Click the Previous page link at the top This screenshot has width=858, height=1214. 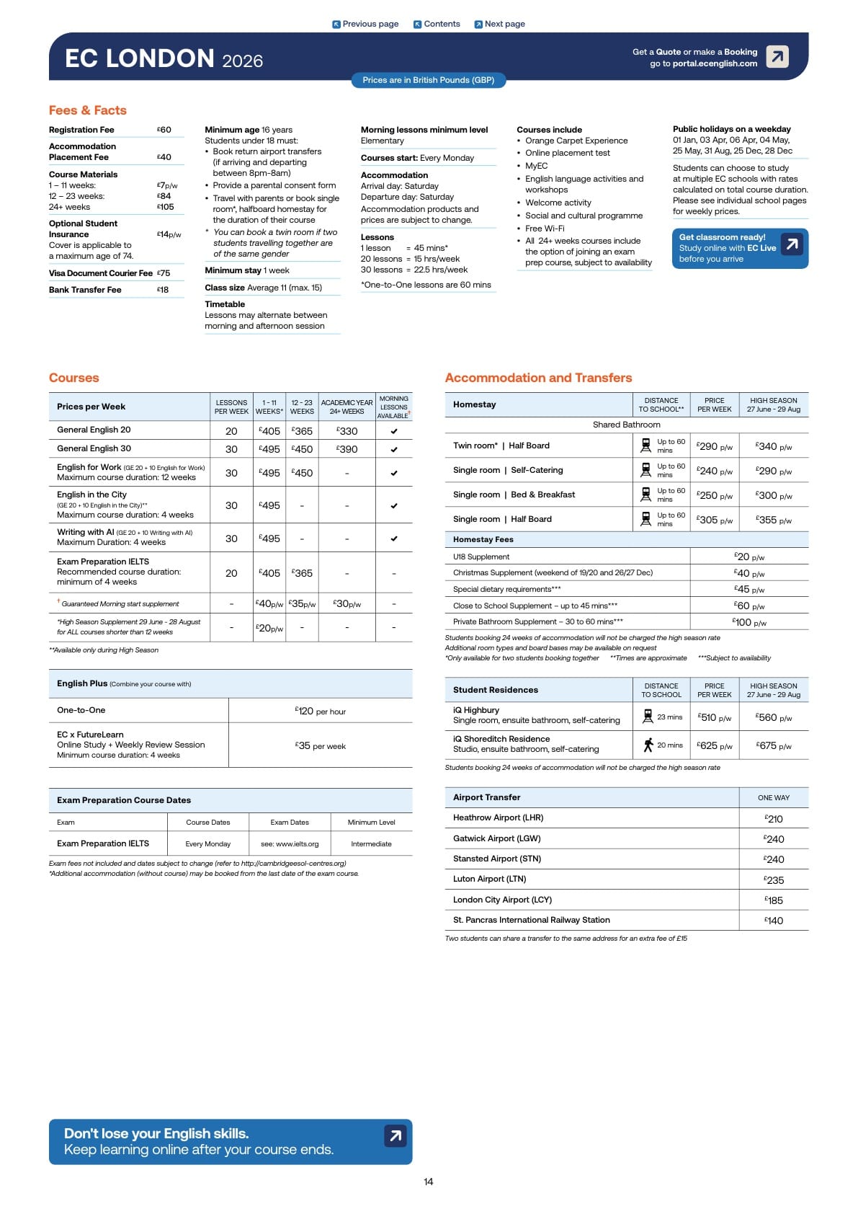click(x=365, y=24)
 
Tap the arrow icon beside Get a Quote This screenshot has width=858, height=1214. click(x=777, y=56)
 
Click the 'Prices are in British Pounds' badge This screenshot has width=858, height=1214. click(x=428, y=80)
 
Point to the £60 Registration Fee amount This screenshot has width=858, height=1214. click(x=164, y=130)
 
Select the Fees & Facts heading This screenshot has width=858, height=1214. click(x=88, y=110)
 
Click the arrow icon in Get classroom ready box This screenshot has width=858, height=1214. click(x=792, y=244)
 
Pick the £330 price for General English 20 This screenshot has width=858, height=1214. click(x=347, y=431)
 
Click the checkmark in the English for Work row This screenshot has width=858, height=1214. click(x=394, y=474)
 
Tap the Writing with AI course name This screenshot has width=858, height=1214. click(x=85, y=532)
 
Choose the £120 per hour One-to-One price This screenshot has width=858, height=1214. click(x=321, y=712)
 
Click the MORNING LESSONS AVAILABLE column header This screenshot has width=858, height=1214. click(x=394, y=407)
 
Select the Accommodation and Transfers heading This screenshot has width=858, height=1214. click(x=538, y=378)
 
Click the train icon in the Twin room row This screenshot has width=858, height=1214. click(x=645, y=446)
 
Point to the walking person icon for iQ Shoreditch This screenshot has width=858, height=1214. click(x=648, y=745)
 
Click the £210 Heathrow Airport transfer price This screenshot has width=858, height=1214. click(x=774, y=819)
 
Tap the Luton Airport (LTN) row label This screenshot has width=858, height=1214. click(x=490, y=879)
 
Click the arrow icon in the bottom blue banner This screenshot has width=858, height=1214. click(x=396, y=1136)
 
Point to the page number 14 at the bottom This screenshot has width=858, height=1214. click(x=429, y=1182)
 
